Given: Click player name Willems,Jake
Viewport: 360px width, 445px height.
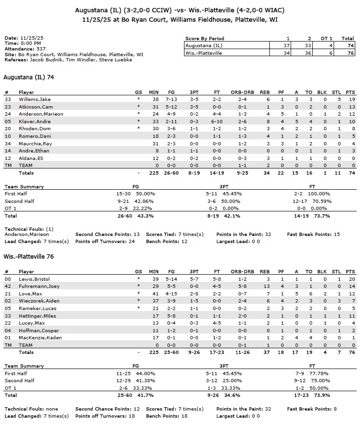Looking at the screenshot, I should tap(35, 100).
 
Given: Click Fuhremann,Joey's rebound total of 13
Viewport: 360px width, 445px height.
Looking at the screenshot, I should tap(267, 286).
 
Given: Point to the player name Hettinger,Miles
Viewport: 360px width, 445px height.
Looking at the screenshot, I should tap(37, 316).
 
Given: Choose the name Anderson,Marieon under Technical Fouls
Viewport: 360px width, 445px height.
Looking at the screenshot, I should tap(27, 235).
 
